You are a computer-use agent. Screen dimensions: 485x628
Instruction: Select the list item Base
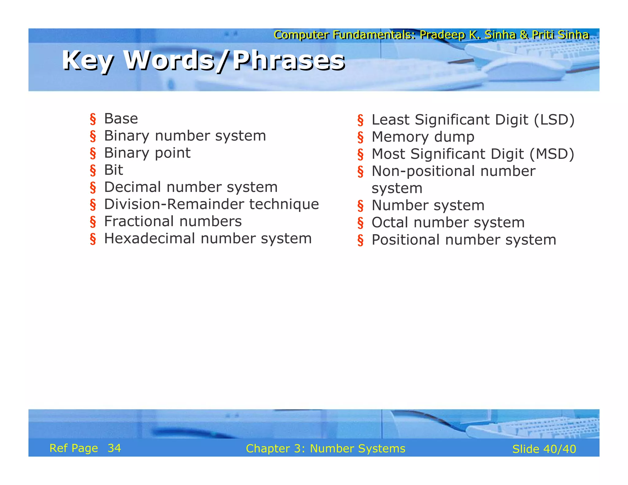pos(121,119)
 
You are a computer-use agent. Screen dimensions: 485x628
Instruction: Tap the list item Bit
pos(113,170)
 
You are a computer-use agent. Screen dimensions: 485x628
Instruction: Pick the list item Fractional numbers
pos(173,221)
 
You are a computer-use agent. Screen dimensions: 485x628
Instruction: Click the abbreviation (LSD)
pos(554,120)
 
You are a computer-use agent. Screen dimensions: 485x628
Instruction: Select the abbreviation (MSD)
pos(552,154)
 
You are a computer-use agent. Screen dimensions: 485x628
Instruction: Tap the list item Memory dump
pos(423,137)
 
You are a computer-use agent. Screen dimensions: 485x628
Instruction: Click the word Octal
pos(390,223)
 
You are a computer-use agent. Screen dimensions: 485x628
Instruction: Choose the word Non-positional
pos(423,171)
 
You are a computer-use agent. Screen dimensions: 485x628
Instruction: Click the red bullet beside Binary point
pos(93,153)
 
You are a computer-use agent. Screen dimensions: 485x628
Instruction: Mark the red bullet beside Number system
pos(360,206)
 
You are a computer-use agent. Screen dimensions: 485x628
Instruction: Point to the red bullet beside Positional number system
pos(360,240)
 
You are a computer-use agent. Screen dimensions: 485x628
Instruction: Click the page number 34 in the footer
pos(114,448)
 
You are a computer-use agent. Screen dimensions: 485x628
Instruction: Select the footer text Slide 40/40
pos(544,449)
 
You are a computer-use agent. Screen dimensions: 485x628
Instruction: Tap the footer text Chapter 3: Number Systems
pos(325,449)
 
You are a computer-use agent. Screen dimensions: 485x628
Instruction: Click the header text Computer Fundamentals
pos(344,35)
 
